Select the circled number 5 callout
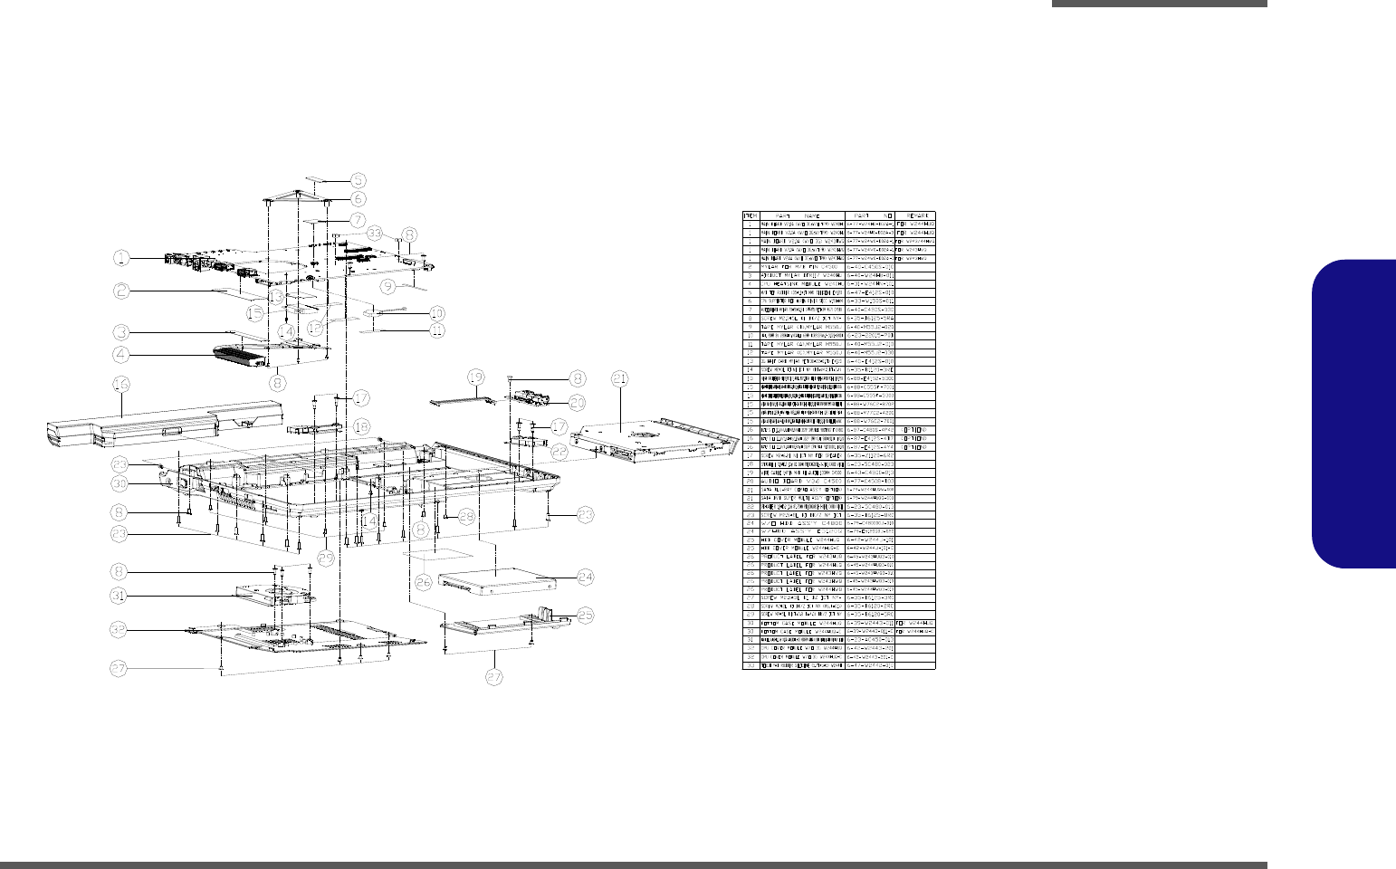coord(359,180)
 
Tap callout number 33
coord(375,233)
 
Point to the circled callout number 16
coord(121,384)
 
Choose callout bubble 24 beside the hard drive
coord(586,576)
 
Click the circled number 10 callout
coord(436,313)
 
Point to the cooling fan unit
coord(272,594)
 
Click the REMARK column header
coord(915,215)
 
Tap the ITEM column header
coord(750,215)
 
